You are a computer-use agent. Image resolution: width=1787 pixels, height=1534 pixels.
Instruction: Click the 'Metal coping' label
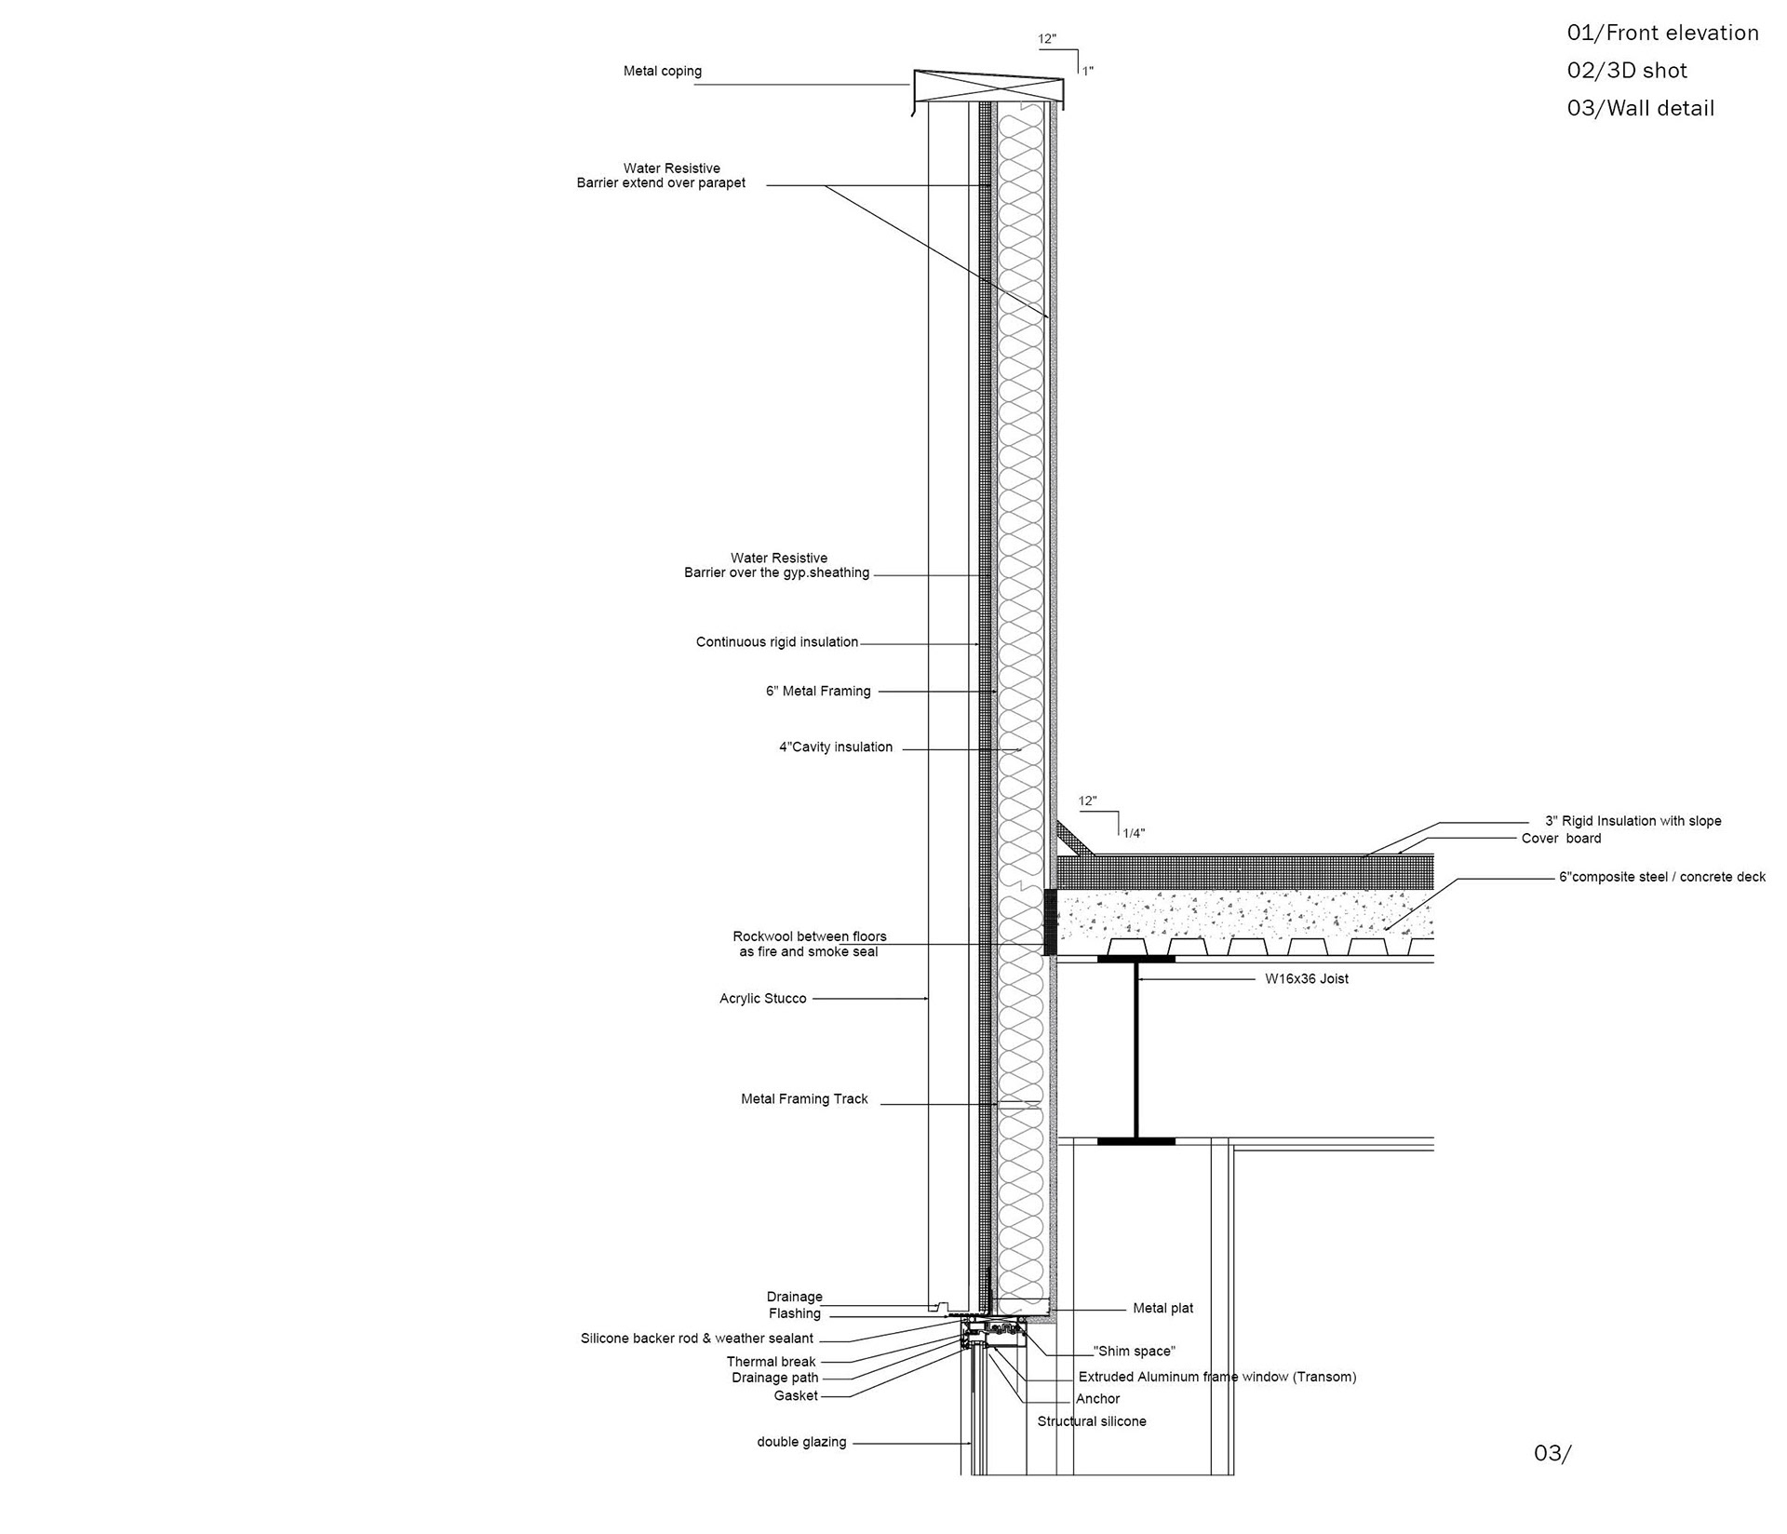[662, 72]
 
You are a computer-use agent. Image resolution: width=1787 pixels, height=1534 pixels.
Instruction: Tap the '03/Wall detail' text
[1640, 109]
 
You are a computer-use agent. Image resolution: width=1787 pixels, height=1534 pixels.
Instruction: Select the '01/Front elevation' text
[1662, 34]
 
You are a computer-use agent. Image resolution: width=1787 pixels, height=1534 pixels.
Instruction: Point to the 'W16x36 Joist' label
[1306, 979]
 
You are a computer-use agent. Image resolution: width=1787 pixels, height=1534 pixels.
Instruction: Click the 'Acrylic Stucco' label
[762, 999]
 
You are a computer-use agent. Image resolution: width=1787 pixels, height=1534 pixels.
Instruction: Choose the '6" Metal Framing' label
[818, 692]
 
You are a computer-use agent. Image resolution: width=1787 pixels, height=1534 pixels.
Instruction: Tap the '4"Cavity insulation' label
[835, 747]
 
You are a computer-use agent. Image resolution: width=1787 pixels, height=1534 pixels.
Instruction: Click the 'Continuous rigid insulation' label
[776, 642]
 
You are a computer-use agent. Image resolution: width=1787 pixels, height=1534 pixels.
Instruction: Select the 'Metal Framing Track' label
[804, 1099]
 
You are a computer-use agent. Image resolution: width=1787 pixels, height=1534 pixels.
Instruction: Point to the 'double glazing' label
[801, 1442]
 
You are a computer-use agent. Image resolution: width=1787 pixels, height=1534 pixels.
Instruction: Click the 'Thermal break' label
[771, 1362]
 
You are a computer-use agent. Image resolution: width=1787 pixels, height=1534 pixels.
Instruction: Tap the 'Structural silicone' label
[1092, 1421]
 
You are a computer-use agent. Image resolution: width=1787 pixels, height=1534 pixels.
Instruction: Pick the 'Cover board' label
[1561, 839]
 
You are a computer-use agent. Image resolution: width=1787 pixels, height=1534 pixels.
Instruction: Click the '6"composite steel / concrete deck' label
[1661, 877]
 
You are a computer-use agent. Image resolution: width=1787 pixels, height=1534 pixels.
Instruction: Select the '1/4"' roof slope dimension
[1133, 834]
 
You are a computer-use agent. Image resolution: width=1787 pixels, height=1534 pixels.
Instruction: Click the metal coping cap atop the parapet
[987, 88]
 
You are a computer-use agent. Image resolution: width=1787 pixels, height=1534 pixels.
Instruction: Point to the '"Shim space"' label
[1134, 1352]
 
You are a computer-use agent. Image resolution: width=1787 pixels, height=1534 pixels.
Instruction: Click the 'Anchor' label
[1097, 1399]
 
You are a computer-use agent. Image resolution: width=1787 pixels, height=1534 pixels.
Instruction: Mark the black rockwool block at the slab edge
[1051, 922]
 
